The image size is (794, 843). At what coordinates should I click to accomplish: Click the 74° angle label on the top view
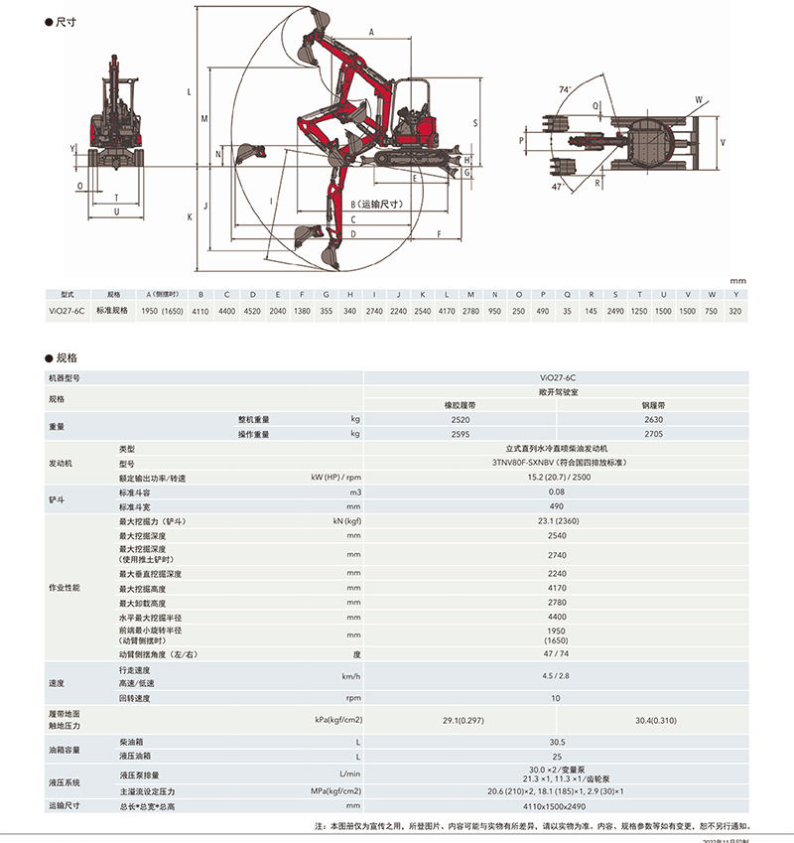tap(565, 89)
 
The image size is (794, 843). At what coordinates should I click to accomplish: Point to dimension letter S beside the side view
tap(475, 123)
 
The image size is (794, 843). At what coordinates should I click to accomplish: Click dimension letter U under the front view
tap(117, 211)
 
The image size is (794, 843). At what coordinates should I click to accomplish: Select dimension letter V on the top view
tap(723, 142)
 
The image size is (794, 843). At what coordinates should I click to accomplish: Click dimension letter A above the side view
tap(371, 33)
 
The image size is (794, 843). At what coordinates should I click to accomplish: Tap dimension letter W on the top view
tap(698, 99)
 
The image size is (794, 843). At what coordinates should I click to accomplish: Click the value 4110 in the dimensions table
tap(199, 311)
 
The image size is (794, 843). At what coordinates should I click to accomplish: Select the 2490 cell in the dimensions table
tap(615, 311)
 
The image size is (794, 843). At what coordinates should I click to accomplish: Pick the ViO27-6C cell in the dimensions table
tap(67, 311)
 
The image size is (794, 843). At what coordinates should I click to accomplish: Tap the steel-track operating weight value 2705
tap(653, 434)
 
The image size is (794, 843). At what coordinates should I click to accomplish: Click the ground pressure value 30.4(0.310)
tap(653, 719)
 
